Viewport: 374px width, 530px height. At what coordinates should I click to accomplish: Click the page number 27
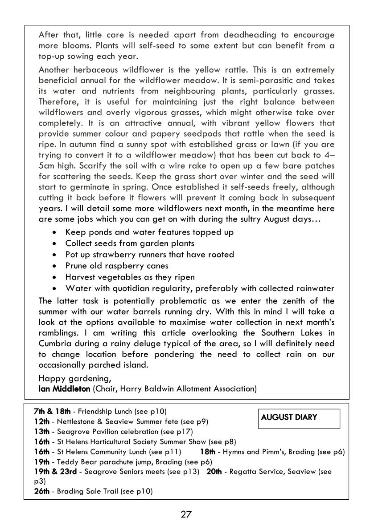pyautogui.click(x=186, y=514)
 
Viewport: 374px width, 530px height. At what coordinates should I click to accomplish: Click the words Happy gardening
pyautogui.click(x=74, y=379)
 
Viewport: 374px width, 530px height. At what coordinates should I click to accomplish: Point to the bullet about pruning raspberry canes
pyautogui.click(x=117, y=266)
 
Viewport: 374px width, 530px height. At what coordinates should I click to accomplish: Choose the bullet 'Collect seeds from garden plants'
pyautogui.click(x=130, y=243)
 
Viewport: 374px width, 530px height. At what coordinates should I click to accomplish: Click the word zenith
pyautogui.click(x=293, y=301)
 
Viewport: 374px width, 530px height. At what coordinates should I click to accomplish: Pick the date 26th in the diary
pyautogui.click(x=41, y=491)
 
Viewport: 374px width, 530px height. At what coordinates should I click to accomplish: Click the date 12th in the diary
pyautogui.click(x=41, y=421)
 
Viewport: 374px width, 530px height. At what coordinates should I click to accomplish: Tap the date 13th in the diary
pyautogui.click(x=41, y=432)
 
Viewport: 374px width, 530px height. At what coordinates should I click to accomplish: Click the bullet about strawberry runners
pyautogui.click(x=149, y=255)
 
